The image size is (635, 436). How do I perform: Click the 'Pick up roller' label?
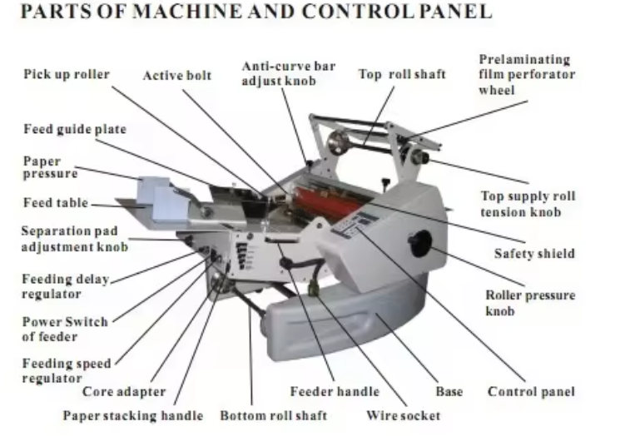pyautogui.click(x=67, y=75)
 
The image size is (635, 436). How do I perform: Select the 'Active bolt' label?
pyautogui.click(x=177, y=75)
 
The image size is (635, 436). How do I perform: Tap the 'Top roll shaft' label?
pyautogui.click(x=402, y=75)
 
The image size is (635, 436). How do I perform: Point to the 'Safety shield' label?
pyautogui.click(x=534, y=254)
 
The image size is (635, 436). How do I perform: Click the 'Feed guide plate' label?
pyautogui.click(x=75, y=129)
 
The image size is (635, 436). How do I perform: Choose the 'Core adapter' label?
pyautogui.click(x=124, y=392)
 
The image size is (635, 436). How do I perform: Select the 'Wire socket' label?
pyautogui.click(x=403, y=416)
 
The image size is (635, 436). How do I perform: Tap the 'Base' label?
pyautogui.click(x=449, y=392)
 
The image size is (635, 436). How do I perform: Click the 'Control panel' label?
pyautogui.click(x=531, y=392)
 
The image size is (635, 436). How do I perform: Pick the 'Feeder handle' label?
pyautogui.click(x=335, y=392)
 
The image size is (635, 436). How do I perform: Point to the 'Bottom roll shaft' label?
pyautogui.click(x=273, y=416)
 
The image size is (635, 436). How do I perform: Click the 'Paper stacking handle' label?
pyautogui.click(x=133, y=416)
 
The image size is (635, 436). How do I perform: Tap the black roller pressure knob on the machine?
pyautogui.click(x=420, y=244)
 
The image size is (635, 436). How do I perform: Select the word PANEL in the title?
pyautogui.click(x=455, y=12)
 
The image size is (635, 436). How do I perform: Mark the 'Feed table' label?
pyautogui.click(x=56, y=203)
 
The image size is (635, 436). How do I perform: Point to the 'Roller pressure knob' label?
pyautogui.click(x=530, y=303)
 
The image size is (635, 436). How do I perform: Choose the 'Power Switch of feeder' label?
pyautogui.click(x=65, y=329)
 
